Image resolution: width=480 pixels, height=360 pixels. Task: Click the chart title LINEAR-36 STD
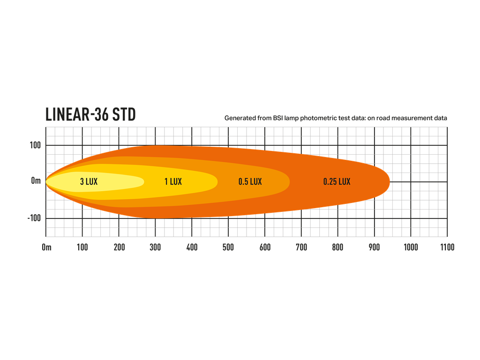[x=90, y=114]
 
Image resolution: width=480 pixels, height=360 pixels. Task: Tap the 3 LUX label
[x=89, y=181]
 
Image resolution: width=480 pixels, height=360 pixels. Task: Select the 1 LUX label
[x=173, y=181]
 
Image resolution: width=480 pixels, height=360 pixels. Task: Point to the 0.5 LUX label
[x=250, y=181]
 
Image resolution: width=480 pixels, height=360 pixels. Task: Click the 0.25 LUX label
[x=337, y=181]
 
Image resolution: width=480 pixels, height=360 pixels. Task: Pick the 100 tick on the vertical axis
[x=35, y=145]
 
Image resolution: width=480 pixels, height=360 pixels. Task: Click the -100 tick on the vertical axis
[x=34, y=218]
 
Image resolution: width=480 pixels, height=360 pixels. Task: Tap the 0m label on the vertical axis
[x=36, y=181]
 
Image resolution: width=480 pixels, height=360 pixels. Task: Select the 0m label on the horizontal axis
[x=46, y=247]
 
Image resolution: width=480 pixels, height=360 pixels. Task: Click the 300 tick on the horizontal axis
[x=155, y=247]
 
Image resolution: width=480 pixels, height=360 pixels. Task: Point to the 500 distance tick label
[x=228, y=247]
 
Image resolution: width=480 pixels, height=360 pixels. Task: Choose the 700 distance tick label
[x=301, y=247]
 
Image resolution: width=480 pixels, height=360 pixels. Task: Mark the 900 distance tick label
[x=374, y=247]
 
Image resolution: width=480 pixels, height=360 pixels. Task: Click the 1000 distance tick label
[x=411, y=247]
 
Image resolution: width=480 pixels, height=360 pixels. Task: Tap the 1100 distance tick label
[x=447, y=247]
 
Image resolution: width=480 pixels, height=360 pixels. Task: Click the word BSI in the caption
[x=278, y=118]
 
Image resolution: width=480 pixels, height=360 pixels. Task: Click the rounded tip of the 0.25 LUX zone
[x=390, y=182]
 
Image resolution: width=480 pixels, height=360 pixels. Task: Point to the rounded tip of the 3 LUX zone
[x=144, y=182]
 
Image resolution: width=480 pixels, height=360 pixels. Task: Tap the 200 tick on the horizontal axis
[x=119, y=247]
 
